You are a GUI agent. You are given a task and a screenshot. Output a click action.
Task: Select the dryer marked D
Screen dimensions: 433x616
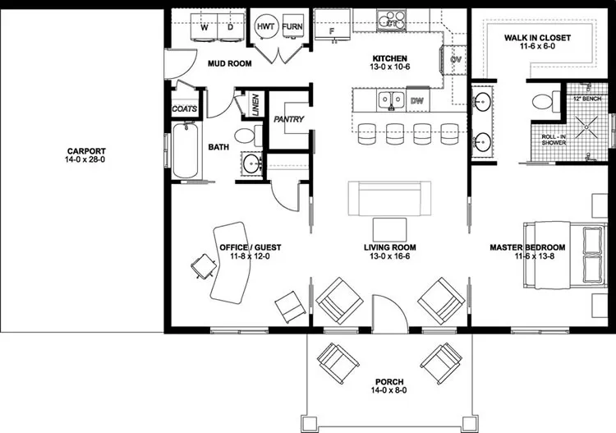coord(230,26)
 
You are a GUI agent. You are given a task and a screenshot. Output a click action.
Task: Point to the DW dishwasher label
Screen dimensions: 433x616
coord(416,101)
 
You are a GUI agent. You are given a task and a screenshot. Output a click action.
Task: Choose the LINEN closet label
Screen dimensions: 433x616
coord(255,102)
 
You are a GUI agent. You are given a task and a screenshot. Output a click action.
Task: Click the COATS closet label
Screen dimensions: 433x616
coord(184,108)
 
